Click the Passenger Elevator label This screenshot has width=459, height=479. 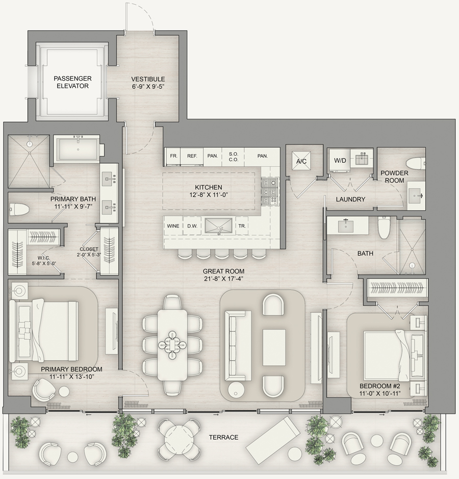coord(73,82)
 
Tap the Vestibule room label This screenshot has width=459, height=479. coord(148,79)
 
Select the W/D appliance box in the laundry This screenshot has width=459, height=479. coord(340,160)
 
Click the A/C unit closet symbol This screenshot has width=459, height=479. coord(301,161)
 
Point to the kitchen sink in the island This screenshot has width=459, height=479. coord(219,226)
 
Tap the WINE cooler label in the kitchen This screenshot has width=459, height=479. coord(173,226)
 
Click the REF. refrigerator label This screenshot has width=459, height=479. coord(192,156)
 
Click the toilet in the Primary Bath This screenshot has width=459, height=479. coord(19,209)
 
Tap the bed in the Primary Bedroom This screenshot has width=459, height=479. coord(44,331)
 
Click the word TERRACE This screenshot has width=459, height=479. coord(223,438)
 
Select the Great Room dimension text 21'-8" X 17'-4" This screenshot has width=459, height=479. coord(223,279)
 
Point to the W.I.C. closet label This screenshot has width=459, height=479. coord(43,258)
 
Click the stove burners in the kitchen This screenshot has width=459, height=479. coord(270,191)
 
